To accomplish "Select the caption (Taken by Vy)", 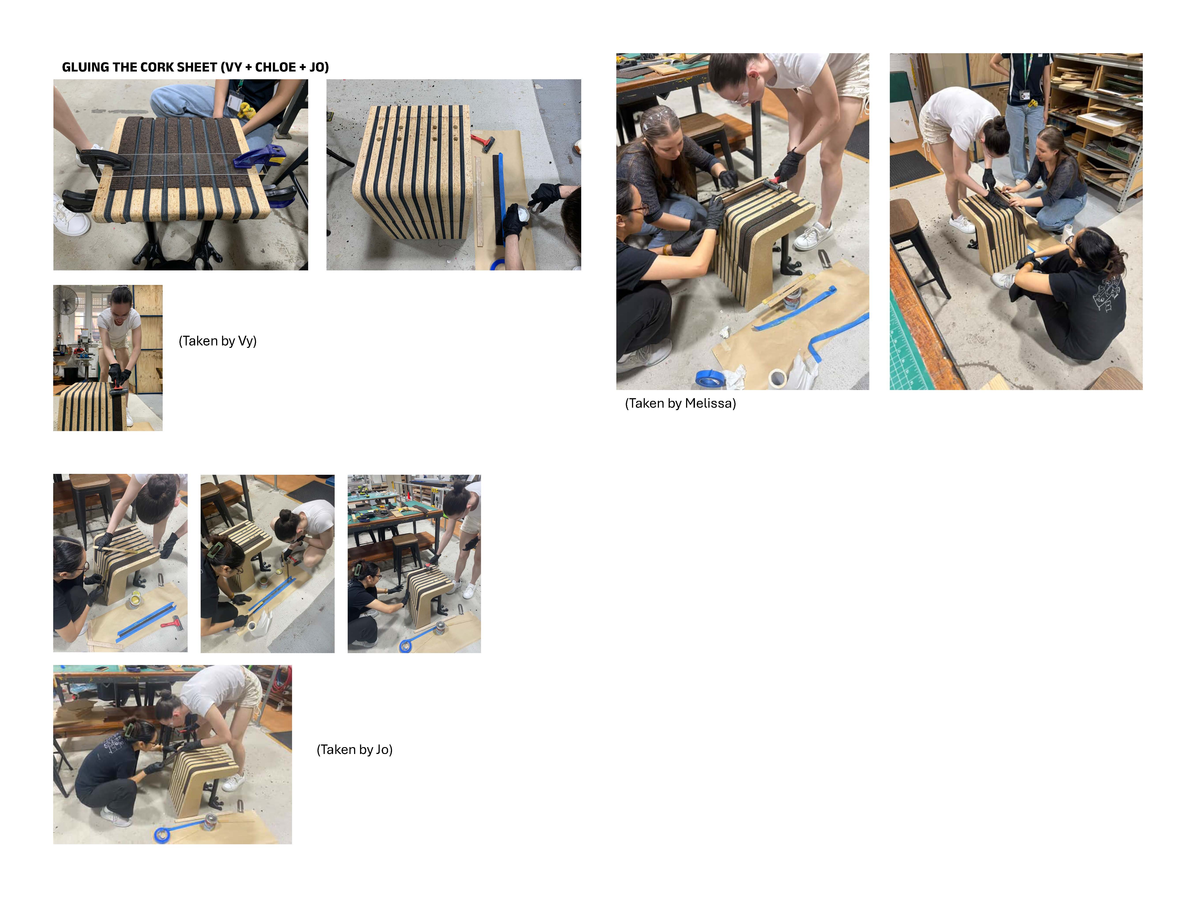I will point(217,341).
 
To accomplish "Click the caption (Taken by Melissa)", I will point(680,403).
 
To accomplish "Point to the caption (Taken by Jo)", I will point(354,749).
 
